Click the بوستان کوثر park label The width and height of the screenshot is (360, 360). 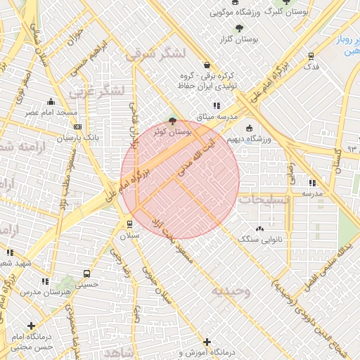click(172, 131)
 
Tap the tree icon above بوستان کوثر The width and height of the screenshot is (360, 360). click(173, 120)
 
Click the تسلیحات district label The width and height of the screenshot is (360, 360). click(263, 200)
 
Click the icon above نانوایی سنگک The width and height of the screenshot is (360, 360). click(260, 229)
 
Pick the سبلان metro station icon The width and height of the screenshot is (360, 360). click(130, 224)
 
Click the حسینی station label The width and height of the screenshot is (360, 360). click(86, 285)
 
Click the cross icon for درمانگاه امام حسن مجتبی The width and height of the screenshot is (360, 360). click(31, 326)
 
